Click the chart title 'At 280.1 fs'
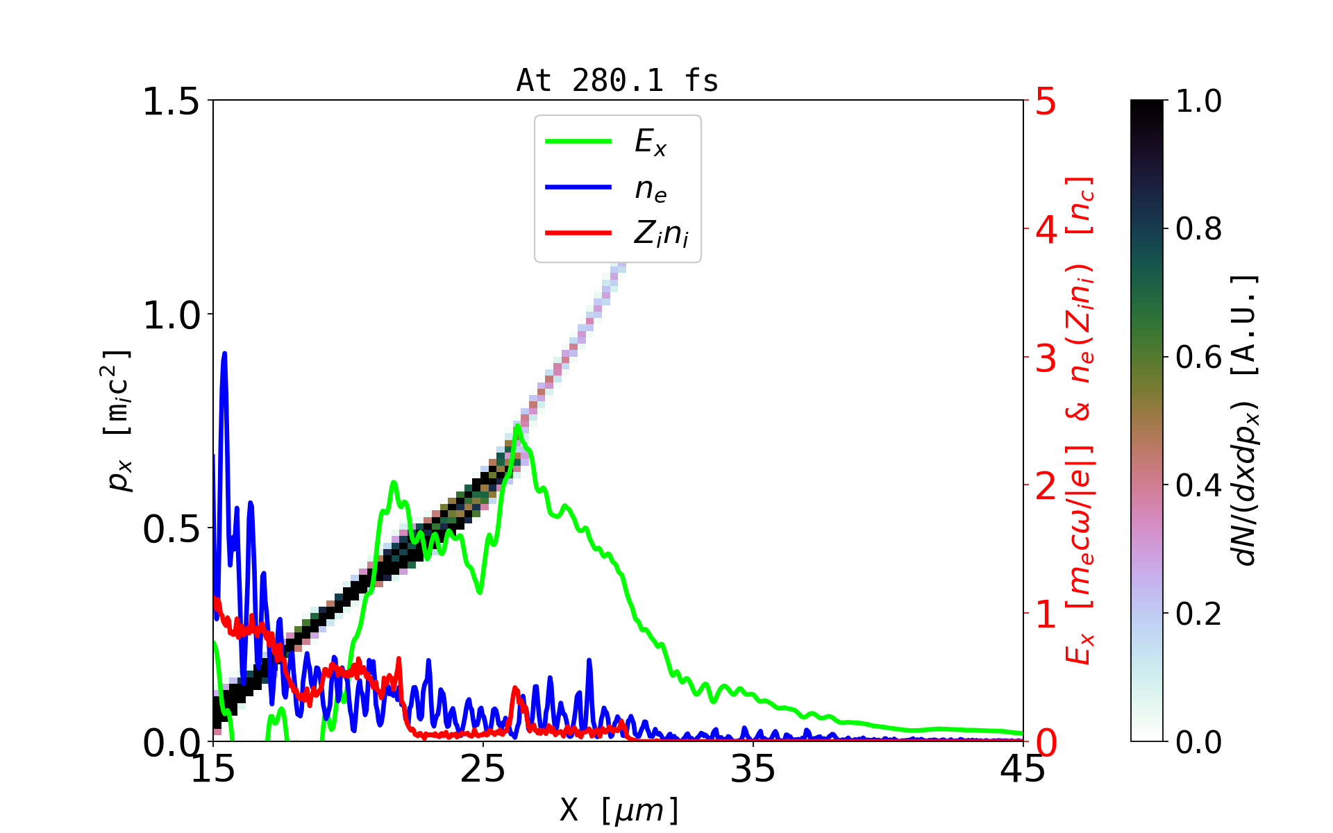point(617,81)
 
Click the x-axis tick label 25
point(483,769)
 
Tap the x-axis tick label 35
point(753,769)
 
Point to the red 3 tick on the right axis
point(1046,358)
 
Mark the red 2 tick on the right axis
point(1046,486)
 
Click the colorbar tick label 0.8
point(1198,228)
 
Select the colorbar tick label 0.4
point(1198,485)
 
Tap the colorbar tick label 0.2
point(1198,614)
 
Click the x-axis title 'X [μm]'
point(619,809)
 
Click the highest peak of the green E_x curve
point(517,426)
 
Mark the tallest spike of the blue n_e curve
point(224,353)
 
